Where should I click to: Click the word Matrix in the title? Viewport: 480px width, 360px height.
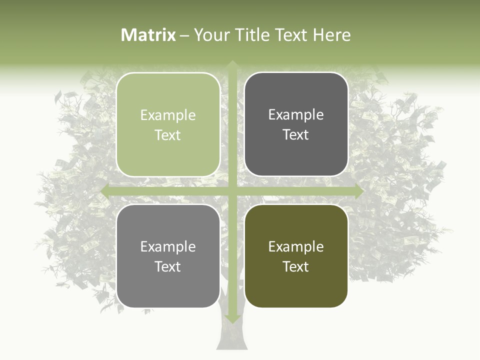(148, 35)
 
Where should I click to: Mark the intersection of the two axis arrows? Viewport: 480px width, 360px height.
(232, 190)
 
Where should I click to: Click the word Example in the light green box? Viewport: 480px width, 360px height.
(168, 115)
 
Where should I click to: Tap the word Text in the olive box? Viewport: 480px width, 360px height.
(296, 266)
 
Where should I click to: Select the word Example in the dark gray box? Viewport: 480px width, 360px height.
(296, 115)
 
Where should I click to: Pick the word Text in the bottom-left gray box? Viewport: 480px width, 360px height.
(168, 266)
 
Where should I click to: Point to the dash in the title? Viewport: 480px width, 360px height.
(184, 35)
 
